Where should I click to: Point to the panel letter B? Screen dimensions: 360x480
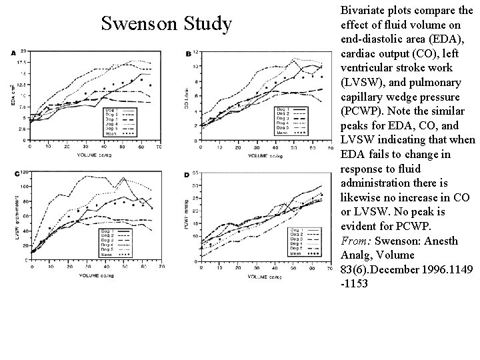click(x=189, y=53)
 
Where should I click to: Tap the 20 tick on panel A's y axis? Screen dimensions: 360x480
click(x=24, y=51)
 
